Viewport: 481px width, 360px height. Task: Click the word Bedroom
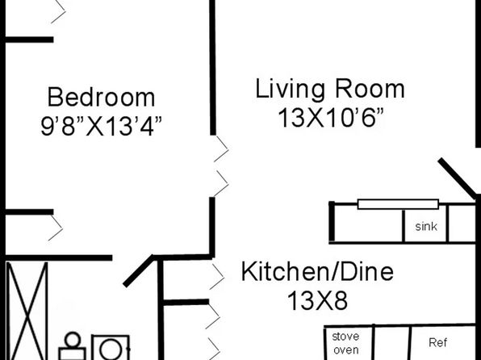click(101, 98)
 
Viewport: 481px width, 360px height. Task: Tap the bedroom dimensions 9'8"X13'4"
click(101, 126)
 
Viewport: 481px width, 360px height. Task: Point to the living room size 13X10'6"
click(331, 118)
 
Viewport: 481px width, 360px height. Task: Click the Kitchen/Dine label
click(317, 271)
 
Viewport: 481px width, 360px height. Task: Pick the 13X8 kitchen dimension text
click(317, 301)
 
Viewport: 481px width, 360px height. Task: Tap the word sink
click(426, 227)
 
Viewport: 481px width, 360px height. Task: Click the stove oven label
click(345, 343)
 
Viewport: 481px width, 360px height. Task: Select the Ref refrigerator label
click(437, 342)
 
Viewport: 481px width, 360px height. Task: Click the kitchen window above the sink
click(398, 204)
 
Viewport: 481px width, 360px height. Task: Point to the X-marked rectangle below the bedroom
click(27, 311)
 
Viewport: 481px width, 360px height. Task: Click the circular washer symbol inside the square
click(111, 350)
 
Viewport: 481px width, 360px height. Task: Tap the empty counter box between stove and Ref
click(392, 343)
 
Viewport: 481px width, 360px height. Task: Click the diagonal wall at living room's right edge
click(458, 178)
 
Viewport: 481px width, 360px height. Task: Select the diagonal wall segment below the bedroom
click(139, 270)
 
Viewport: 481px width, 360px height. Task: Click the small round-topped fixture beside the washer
click(73, 346)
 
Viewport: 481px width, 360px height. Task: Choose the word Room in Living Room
click(370, 89)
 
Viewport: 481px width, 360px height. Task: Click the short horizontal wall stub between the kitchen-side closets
click(186, 303)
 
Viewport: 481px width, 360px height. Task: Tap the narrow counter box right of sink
click(462, 224)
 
